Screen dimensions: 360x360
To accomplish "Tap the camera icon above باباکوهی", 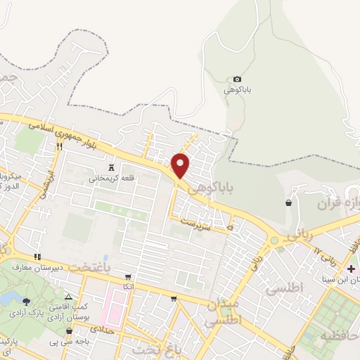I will pyautogui.click(x=237, y=79).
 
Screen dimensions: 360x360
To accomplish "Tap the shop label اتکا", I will pyautogui.click(x=127, y=286).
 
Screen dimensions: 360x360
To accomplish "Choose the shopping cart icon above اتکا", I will pyautogui.click(x=127, y=276).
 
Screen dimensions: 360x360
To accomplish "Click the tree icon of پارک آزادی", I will pyautogui.click(x=27, y=302).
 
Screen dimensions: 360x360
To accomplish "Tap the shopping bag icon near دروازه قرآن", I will pyautogui.click(x=288, y=202).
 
